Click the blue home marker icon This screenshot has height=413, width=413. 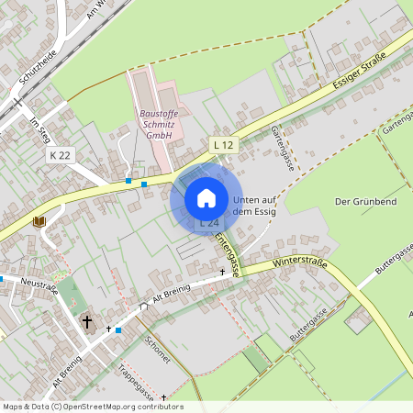pyautogui.click(x=206, y=197)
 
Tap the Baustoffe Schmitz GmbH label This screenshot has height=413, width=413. pyautogui.click(x=157, y=124)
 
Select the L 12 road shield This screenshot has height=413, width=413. pyautogui.click(x=224, y=144)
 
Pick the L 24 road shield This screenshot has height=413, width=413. pyautogui.click(x=208, y=223)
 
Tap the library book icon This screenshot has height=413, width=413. pyautogui.click(x=39, y=221)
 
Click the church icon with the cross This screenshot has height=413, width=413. pyautogui.click(x=88, y=322)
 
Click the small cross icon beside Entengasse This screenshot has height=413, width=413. pyautogui.click(x=222, y=273)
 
